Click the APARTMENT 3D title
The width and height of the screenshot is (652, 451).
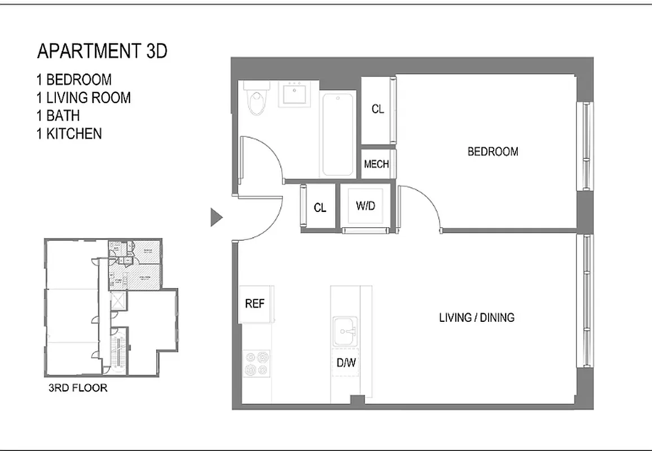point(102,51)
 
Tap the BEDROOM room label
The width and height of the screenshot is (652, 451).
point(493,152)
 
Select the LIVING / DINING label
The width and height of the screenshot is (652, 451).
point(476,317)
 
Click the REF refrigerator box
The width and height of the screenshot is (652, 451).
point(255,304)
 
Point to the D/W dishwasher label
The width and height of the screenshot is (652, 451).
point(346,363)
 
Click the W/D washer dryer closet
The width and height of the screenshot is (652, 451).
point(365,206)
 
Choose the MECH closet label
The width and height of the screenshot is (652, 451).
point(376,164)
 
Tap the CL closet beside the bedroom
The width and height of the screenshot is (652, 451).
point(378,109)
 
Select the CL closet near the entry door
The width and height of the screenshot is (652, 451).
point(320,207)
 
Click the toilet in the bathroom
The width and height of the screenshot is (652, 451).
point(258,100)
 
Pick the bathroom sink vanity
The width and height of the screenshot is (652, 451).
point(293,94)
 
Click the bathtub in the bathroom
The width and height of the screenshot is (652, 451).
point(338,134)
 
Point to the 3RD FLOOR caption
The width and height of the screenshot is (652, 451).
point(78,388)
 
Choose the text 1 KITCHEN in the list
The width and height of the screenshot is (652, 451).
point(69,134)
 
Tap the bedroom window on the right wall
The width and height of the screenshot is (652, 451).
point(587,147)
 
